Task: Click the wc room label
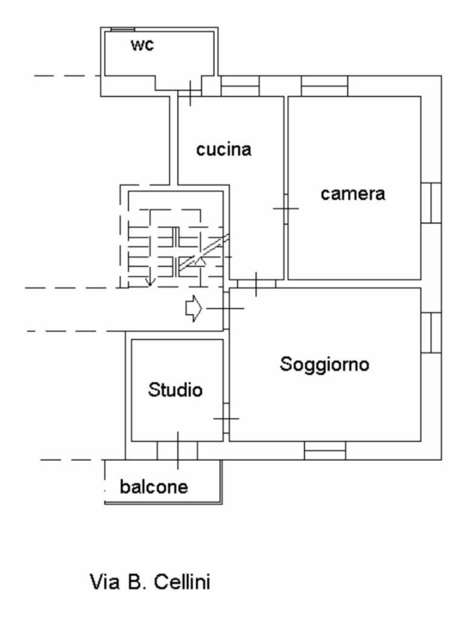point(142,45)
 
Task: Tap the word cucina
point(224,150)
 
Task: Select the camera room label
point(353,194)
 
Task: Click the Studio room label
point(175,390)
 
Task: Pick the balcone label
point(154,487)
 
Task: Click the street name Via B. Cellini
point(150,582)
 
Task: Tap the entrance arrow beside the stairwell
point(194,308)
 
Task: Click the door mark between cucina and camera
point(286,208)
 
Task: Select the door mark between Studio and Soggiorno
point(226,418)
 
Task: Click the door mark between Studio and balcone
point(177,450)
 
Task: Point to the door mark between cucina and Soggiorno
point(256,284)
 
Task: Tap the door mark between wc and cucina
point(190,93)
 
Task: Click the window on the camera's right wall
point(431,203)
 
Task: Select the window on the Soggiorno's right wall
point(431,332)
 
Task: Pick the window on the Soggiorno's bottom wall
point(325,450)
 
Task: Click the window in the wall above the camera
point(325,86)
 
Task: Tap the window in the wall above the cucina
point(240,86)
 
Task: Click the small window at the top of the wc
point(122,29)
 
